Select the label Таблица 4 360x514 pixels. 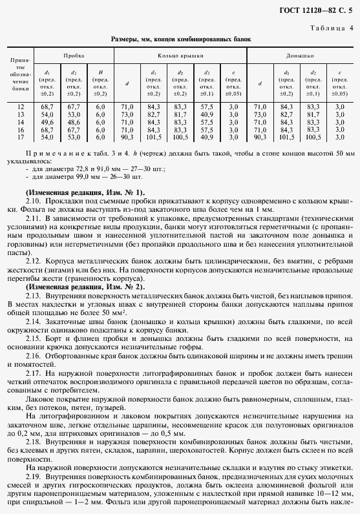click(330, 28)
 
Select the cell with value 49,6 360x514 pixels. click(47, 121)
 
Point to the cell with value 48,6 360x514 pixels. click(73, 121)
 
